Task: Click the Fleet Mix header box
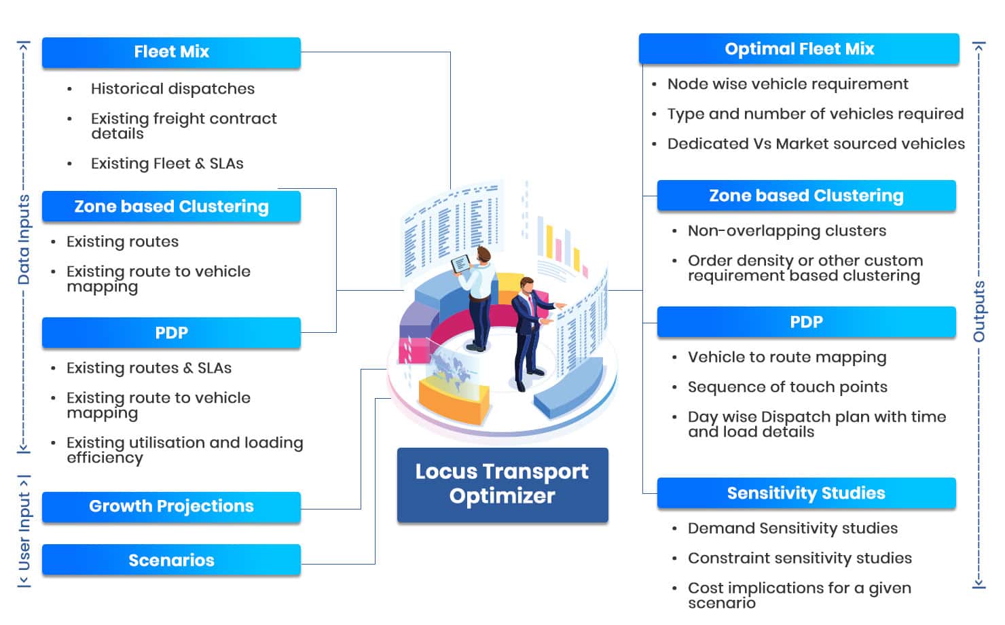171,52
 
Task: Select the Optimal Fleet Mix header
799,49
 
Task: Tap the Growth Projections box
171,507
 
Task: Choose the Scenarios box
171,560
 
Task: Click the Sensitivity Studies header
806,493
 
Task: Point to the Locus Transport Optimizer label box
502,484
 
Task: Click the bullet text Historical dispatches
172,89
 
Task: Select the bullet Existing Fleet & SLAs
167,164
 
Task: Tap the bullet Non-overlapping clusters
786,231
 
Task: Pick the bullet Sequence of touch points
787,387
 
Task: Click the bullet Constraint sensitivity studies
799,558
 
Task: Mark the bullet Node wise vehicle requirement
788,84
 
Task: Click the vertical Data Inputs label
24,240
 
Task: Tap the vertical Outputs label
979,311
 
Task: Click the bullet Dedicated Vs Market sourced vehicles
816,144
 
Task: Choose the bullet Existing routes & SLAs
149,368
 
